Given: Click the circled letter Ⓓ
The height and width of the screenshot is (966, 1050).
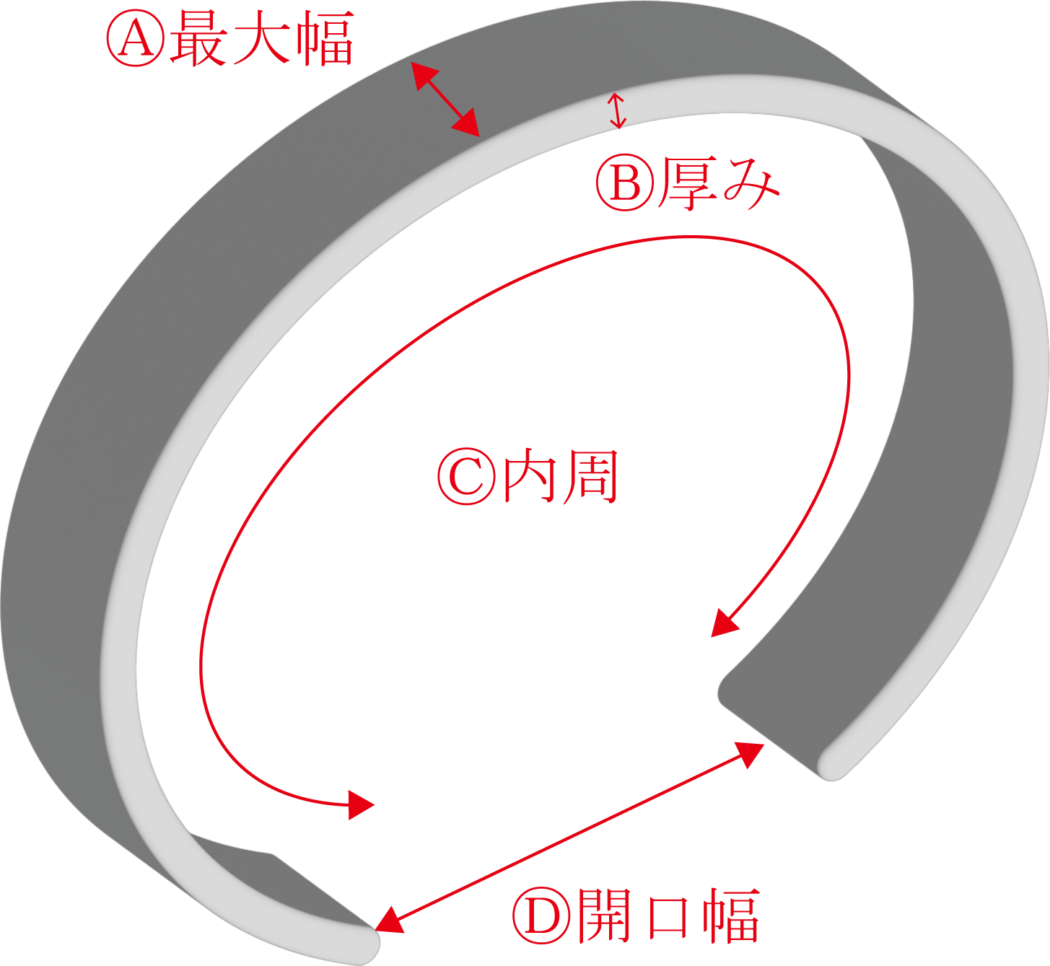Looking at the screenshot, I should point(541,916).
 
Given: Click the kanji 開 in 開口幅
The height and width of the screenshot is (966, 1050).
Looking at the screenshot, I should point(605,916).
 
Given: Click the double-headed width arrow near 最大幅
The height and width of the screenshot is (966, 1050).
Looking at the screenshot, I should point(445,99).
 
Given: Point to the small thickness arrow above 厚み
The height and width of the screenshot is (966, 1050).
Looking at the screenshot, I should point(616,110).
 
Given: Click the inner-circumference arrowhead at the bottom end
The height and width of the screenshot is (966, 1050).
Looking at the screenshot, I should point(361,804).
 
